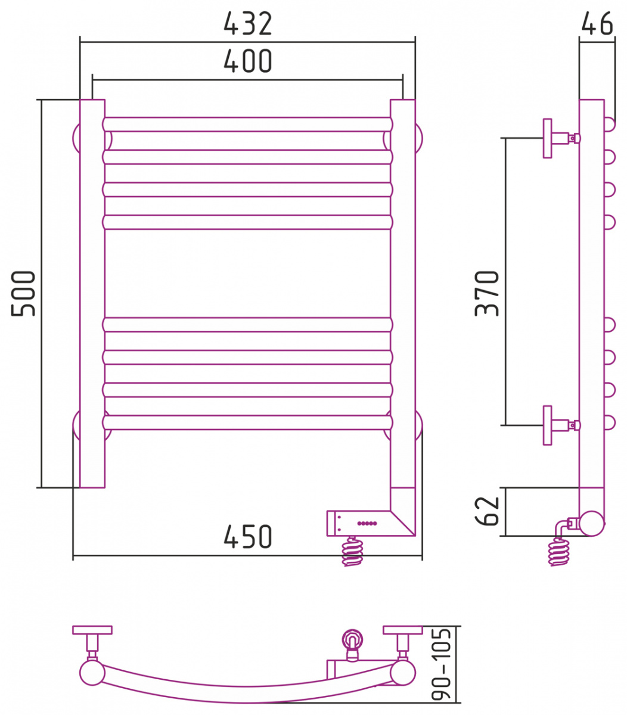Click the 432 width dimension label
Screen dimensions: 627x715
click(248, 24)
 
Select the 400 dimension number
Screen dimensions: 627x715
click(248, 61)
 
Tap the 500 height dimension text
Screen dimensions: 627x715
click(24, 293)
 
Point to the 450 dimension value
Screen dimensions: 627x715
click(248, 536)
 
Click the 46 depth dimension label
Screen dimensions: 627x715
click(597, 23)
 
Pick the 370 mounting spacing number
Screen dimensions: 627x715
click(487, 293)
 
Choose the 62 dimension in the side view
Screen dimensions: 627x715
click(487, 511)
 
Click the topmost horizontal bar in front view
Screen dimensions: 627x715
click(247, 125)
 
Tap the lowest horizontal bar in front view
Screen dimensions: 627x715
click(247, 422)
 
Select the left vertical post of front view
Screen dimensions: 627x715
click(92, 294)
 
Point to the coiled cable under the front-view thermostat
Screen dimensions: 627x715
click(353, 551)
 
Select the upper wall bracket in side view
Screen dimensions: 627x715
click(561, 138)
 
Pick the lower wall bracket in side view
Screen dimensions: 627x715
click(561, 425)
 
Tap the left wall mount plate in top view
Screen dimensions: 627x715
click(92, 630)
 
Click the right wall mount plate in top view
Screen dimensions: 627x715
click(403, 630)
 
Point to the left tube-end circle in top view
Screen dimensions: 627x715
click(92, 673)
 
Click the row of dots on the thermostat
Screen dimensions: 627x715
click(367, 523)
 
